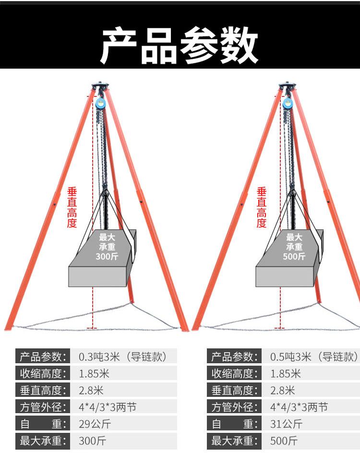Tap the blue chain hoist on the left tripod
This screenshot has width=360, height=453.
point(100,104)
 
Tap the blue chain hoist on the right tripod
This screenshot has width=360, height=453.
point(288,104)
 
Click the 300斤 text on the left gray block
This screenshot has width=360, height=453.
point(107,256)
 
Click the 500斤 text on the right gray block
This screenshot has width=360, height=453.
point(294,256)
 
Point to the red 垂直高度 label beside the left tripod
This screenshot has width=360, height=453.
point(72,207)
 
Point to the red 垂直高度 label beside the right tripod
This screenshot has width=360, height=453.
point(262,207)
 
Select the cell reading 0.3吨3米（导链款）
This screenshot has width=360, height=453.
point(123,357)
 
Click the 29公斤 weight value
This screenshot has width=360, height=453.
point(95,424)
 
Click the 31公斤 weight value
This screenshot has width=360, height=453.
point(286,424)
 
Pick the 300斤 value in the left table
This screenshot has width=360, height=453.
point(92,441)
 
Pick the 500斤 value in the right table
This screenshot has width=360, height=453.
point(284,441)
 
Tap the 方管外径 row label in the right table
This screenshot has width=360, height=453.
point(234,407)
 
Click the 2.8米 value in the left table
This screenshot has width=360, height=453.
point(91,390)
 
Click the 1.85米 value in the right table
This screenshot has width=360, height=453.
point(286,373)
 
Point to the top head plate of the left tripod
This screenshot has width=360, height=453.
point(100,85)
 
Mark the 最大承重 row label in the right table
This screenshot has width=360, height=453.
point(234,441)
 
